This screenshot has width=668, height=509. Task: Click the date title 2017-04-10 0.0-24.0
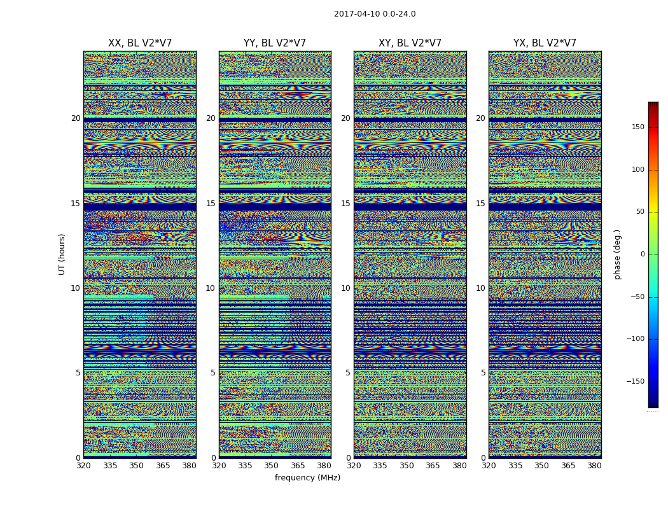click(375, 14)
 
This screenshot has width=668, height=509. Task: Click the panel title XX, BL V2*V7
click(140, 43)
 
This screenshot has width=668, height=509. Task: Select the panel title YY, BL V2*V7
click(275, 43)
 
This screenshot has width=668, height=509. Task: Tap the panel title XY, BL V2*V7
click(410, 43)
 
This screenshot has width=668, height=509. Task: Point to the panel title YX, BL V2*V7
click(545, 43)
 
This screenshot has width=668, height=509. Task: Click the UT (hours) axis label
click(62, 254)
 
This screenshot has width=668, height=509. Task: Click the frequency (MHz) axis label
click(307, 478)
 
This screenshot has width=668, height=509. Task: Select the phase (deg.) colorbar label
click(617, 254)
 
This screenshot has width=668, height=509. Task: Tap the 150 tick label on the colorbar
click(637, 127)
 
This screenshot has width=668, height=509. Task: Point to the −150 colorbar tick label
click(636, 382)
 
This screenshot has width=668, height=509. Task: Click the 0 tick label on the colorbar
click(643, 254)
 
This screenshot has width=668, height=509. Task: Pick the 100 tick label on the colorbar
click(637, 170)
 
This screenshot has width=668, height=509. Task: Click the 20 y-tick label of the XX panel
click(76, 118)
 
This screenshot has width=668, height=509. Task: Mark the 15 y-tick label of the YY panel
click(211, 204)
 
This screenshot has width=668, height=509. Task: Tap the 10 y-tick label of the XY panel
click(345, 288)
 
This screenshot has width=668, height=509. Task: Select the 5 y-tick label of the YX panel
click(483, 373)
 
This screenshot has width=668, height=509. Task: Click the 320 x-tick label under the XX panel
click(83, 466)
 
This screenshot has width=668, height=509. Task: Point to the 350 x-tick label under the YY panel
click(272, 466)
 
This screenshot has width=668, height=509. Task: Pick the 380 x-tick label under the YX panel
click(594, 466)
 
